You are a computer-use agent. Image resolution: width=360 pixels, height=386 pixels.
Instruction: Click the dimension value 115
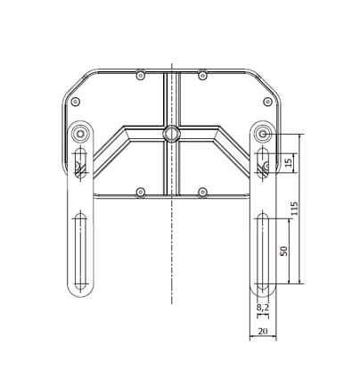tap(294, 209)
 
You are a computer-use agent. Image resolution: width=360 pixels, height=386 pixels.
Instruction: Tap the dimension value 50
tap(284, 251)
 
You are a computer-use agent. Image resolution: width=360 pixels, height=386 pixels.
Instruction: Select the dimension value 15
tap(289, 162)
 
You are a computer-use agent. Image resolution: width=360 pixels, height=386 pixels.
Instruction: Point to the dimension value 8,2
tap(263, 307)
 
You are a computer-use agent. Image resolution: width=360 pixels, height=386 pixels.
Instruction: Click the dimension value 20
tap(263, 331)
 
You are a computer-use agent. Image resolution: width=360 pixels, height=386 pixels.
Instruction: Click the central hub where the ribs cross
tap(171, 134)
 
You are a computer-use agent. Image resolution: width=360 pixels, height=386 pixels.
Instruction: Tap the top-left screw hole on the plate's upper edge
tap(141, 75)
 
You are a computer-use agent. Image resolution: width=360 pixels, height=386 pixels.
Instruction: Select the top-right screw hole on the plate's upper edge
tap(202, 75)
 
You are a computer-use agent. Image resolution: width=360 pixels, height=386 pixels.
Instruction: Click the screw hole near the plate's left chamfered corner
tap(76, 102)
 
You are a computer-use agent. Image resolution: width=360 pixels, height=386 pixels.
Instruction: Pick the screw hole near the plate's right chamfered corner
tap(267, 102)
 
